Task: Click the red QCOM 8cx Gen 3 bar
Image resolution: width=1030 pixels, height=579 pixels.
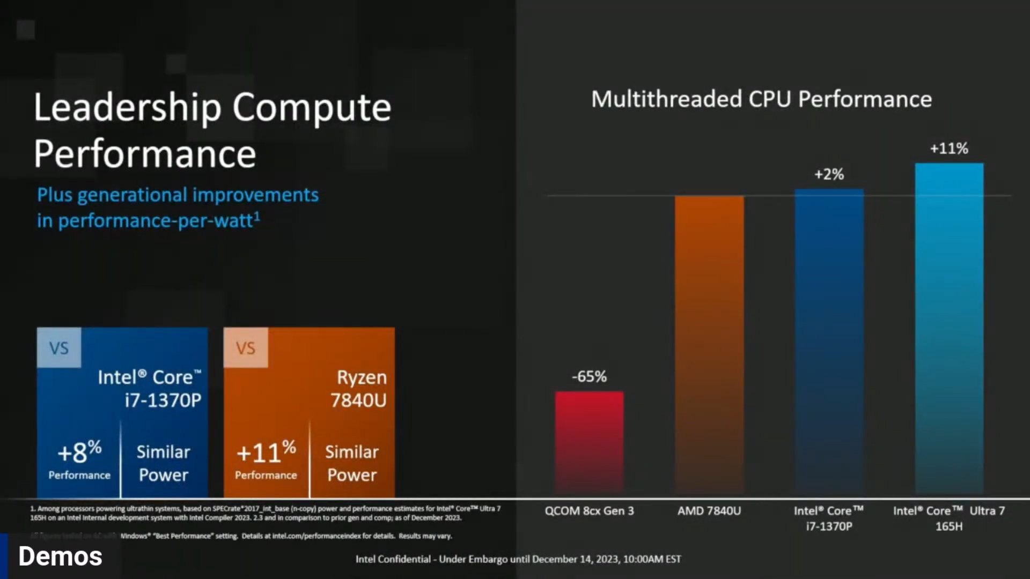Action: point(589,442)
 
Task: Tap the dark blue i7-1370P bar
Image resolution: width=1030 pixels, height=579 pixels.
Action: point(829,341)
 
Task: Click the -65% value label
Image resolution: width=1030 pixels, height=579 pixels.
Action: point(589,377)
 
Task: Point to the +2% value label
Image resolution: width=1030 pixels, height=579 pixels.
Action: point(829,174)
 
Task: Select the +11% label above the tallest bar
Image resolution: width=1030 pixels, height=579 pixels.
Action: point(949,149)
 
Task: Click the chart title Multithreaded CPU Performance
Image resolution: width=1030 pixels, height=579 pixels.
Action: point(761,100)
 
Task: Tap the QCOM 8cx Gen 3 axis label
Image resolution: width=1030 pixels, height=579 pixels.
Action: point(589,511)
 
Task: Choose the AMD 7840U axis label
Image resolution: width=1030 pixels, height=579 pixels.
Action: point(709,511)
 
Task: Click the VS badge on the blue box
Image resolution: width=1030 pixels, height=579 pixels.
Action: point(59,348)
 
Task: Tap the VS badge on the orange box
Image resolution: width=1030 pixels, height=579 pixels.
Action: point(246,348)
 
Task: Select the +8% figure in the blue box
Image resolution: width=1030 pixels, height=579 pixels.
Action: point(79,452)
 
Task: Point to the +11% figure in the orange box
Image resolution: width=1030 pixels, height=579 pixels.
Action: point(266,452)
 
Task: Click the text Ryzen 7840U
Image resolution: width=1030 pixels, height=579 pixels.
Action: point(359,389)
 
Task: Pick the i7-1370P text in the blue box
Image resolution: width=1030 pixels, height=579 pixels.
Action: point(163,400)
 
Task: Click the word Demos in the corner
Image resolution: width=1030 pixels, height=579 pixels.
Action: point(60,556)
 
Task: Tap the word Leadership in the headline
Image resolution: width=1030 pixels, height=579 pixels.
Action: point(127,108)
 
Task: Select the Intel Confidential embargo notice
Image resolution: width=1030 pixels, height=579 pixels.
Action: point(518,559)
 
